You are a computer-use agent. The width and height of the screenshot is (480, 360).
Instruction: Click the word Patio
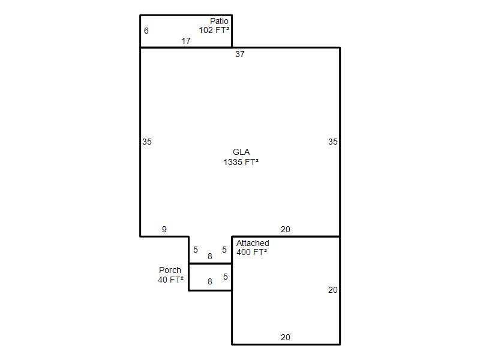[219, 21]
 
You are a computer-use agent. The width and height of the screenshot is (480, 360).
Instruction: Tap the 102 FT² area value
[214, 30]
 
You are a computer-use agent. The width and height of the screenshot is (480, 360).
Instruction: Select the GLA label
[241, 152]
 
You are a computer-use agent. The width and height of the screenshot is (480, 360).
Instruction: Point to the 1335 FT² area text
[241, 162]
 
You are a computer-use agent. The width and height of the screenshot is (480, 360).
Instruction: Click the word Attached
[253, 244]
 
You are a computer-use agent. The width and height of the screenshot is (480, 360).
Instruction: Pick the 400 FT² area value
[251, 252]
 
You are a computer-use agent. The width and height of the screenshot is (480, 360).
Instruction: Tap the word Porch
[170, 271]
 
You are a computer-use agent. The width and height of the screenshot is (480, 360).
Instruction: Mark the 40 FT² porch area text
[171, 280]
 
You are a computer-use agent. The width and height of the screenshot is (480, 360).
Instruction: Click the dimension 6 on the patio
[146, 31]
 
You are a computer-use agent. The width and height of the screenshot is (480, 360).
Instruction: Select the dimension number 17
[186, 41]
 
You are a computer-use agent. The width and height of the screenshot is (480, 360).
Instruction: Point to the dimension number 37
[239, 54]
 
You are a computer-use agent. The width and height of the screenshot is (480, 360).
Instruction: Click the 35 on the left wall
[147, 142]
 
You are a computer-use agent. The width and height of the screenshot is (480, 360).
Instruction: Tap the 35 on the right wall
[333, 142]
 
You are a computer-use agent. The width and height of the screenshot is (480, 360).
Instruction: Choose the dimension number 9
[164, 229]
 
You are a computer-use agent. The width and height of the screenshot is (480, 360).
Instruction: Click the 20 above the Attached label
[286, 229]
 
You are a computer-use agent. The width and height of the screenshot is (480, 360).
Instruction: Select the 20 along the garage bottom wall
[286, 337]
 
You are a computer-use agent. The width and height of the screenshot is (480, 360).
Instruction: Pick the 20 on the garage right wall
[333, 290]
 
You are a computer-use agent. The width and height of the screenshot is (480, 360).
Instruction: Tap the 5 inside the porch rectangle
[226, 277]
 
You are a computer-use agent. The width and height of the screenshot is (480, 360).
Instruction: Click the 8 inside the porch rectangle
[209, 281]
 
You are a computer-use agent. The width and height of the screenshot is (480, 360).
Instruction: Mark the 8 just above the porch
[209, 256]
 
